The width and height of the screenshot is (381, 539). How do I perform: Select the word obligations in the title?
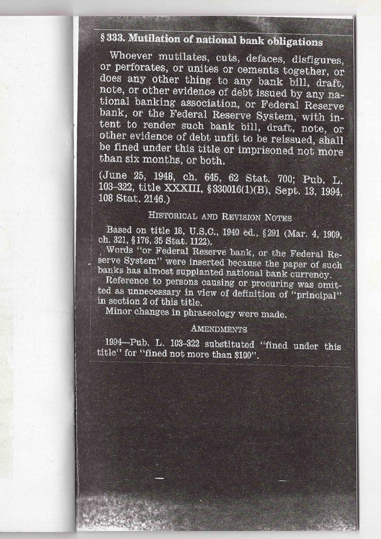point(295,42)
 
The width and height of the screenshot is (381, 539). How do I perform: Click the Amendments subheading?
point(218,329)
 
